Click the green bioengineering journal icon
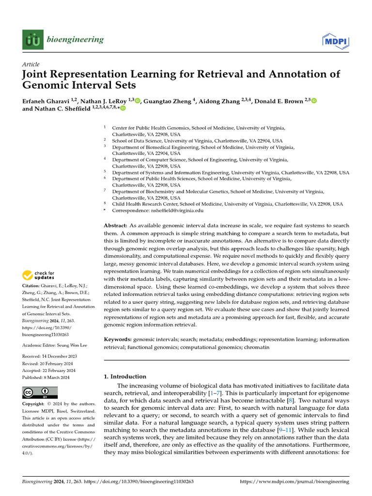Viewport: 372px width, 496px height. pos(32,39)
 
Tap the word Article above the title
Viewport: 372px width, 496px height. pos(31,64)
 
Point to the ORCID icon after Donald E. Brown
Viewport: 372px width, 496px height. pos(313,101)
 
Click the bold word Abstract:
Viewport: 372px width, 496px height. pos(116,226)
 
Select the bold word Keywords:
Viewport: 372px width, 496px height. pos(118,340)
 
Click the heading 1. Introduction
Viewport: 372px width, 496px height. pos(125,376)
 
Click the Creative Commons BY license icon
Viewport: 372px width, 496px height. pos(40,393)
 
